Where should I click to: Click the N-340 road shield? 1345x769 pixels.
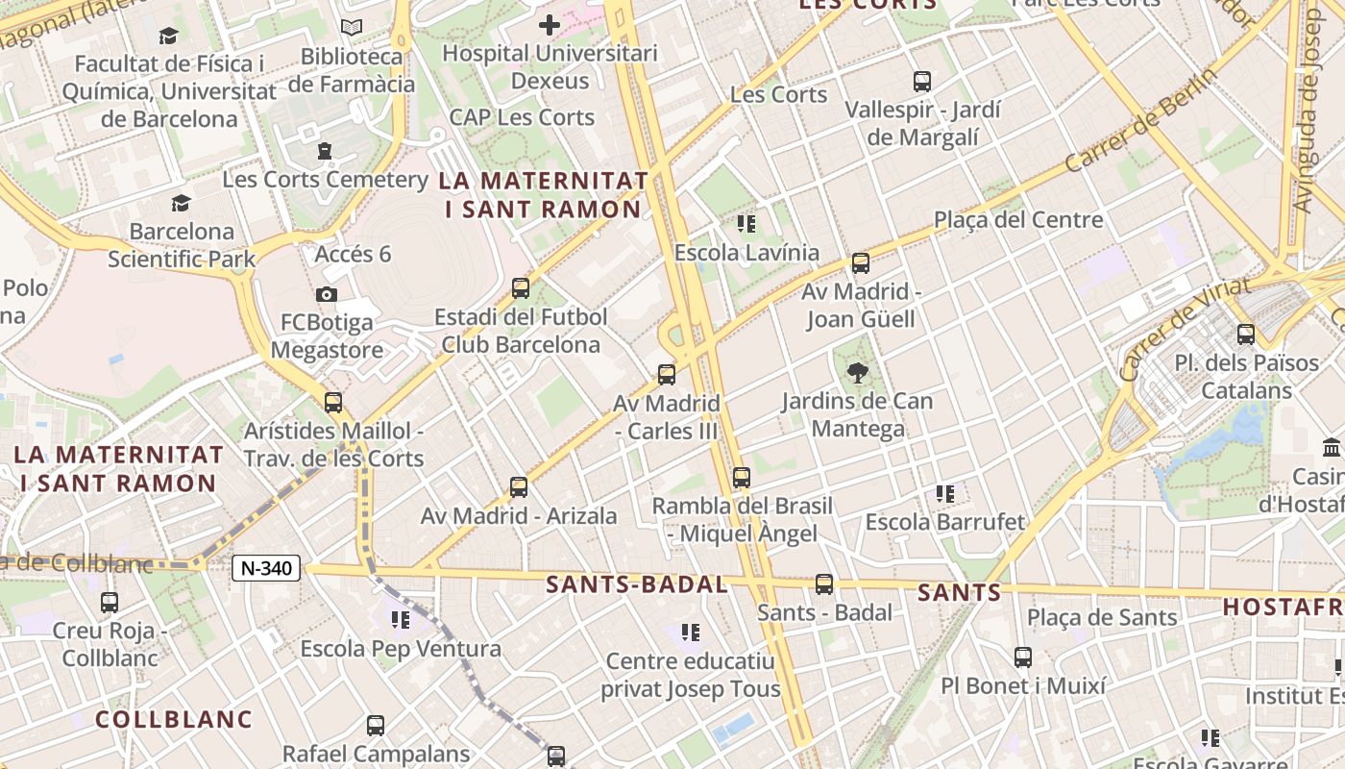(266, 568)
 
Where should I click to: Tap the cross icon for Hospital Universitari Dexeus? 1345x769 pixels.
(550, 24)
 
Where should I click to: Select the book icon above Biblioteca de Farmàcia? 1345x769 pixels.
(352, 28)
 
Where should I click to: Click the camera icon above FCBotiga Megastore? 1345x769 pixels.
(327, 294)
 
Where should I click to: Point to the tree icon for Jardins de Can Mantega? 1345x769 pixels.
(857, 372)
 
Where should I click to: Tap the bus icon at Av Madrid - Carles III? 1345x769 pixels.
(667, 374)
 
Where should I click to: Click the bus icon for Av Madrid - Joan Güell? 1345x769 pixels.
(861, 262)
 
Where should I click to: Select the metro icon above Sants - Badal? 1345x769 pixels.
(824, 583)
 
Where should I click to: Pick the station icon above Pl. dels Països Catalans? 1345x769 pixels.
(1246, 334)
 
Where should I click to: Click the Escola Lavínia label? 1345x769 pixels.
(746, 253)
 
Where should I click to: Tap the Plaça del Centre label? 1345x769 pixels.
(1018, 220)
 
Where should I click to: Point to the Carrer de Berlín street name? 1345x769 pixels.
(1140, 119)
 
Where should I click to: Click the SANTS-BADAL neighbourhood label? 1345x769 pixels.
(636, 584)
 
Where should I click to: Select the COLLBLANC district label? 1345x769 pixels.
(174, 719)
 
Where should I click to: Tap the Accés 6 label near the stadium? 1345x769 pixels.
(353, 254)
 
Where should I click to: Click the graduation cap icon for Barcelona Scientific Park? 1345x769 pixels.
(181, 203)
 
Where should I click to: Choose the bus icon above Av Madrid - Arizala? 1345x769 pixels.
(519, 486)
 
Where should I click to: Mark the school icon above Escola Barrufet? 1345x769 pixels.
(945, 494)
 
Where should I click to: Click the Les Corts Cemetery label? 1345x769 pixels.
(325, 179)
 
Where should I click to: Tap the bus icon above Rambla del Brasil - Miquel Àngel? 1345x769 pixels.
(741, 477)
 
